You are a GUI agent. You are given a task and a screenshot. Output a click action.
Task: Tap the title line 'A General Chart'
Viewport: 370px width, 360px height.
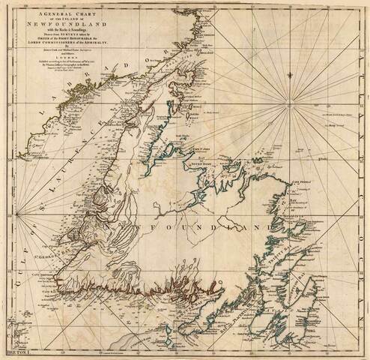coord(58,13)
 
